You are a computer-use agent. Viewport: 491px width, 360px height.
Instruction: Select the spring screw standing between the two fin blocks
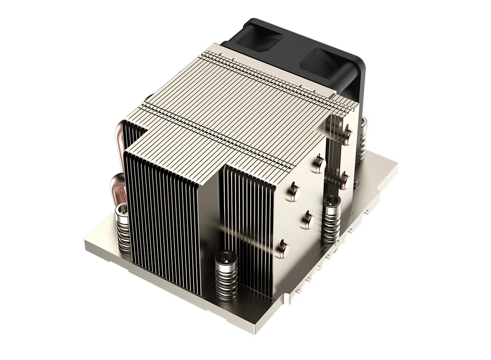point(331,221)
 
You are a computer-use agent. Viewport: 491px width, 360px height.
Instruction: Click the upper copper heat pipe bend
point(120,139)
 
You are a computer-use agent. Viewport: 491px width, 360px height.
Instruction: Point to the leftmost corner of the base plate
point(85,241)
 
